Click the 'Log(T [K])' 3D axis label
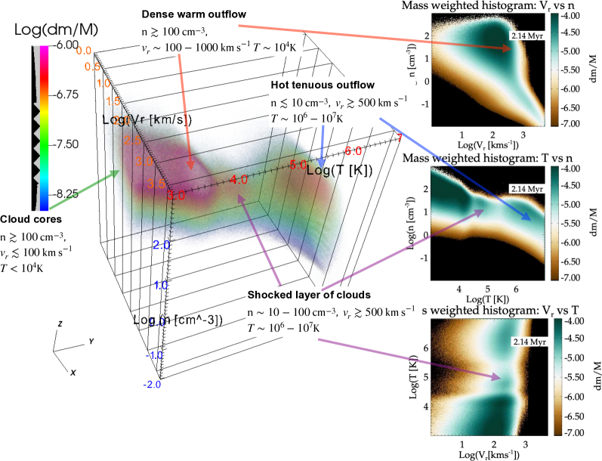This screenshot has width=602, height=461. click(340, 171)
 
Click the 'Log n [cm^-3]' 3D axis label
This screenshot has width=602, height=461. click(178, 320)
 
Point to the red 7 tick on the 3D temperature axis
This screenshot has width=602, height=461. click(400, 137)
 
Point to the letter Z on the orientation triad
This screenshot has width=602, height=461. click(60, 323)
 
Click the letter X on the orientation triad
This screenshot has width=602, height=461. click(73, 371)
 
